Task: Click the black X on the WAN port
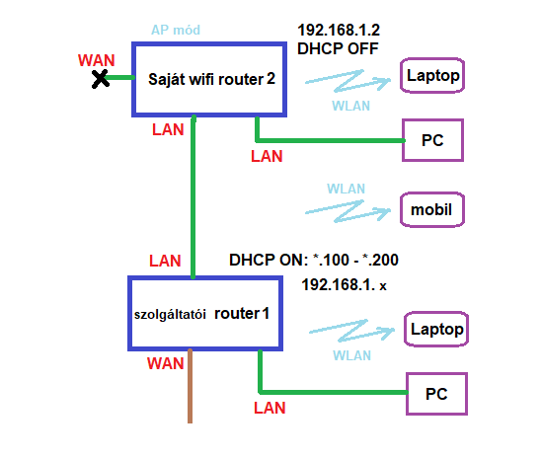point(100,79)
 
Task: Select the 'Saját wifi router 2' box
point(209,43)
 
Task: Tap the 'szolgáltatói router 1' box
point(205,277)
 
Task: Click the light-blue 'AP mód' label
point(176,30)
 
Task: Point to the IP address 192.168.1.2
point(339,30)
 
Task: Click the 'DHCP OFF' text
point(338,48)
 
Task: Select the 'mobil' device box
point(432,193)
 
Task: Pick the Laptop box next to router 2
point(432,59)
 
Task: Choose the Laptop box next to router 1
point(436,313)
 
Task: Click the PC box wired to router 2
point(432,120)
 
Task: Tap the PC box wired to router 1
point(436,374)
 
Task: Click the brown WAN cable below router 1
point(190,386)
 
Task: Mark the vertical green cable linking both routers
point(193,196)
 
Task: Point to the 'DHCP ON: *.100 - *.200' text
point(314,260)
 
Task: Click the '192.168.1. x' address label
point(344,285)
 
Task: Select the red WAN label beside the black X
point(97,60)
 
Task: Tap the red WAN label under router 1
point(165,363)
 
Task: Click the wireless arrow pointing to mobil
point(348,211)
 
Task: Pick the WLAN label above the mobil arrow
point(347,189)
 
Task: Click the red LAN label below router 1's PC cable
point(270,408)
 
